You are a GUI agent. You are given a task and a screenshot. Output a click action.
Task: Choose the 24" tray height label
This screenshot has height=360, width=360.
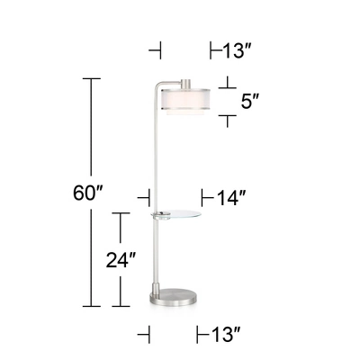(121, 260)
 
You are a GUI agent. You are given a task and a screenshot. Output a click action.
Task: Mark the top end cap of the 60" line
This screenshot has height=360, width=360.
(90, 79)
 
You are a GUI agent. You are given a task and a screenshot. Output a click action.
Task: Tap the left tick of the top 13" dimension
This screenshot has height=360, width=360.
(159, 49)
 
